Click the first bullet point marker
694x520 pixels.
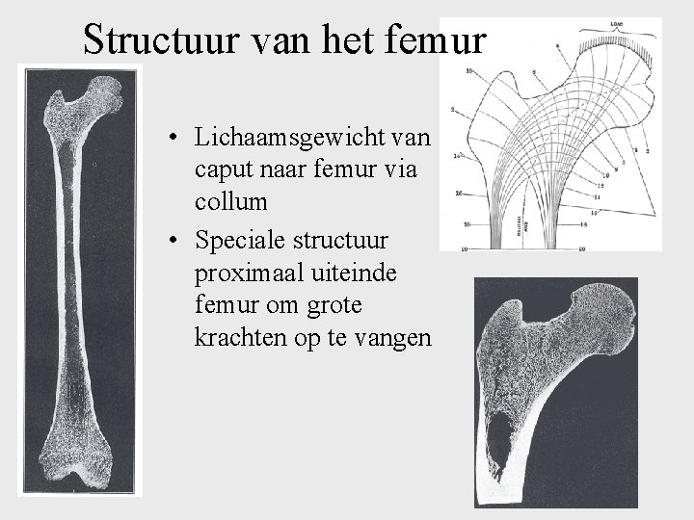coord(169,138)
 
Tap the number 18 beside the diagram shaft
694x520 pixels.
coord(584,223)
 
